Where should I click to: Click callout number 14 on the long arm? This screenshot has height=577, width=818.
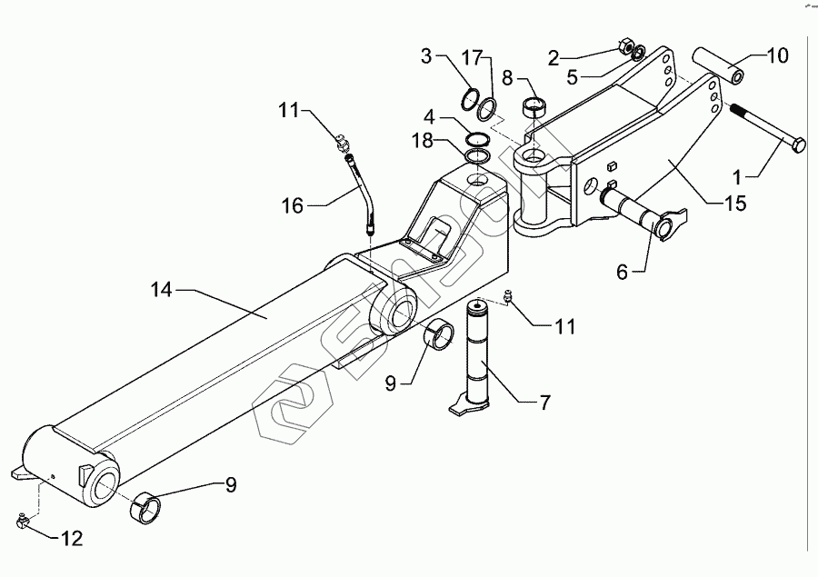coord(160,290)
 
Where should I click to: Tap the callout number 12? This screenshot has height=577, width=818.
coord(71,539)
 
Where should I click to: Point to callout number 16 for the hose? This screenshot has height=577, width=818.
coord(294,205)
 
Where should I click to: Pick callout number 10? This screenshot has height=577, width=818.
coord(777,56)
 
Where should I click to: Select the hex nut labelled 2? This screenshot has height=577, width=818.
coord(626,45)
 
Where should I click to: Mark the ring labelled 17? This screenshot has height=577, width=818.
coord(487,108)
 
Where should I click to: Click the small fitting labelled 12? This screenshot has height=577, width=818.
coord(23,521)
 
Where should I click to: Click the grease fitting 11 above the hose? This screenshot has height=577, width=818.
coord(342,142)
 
